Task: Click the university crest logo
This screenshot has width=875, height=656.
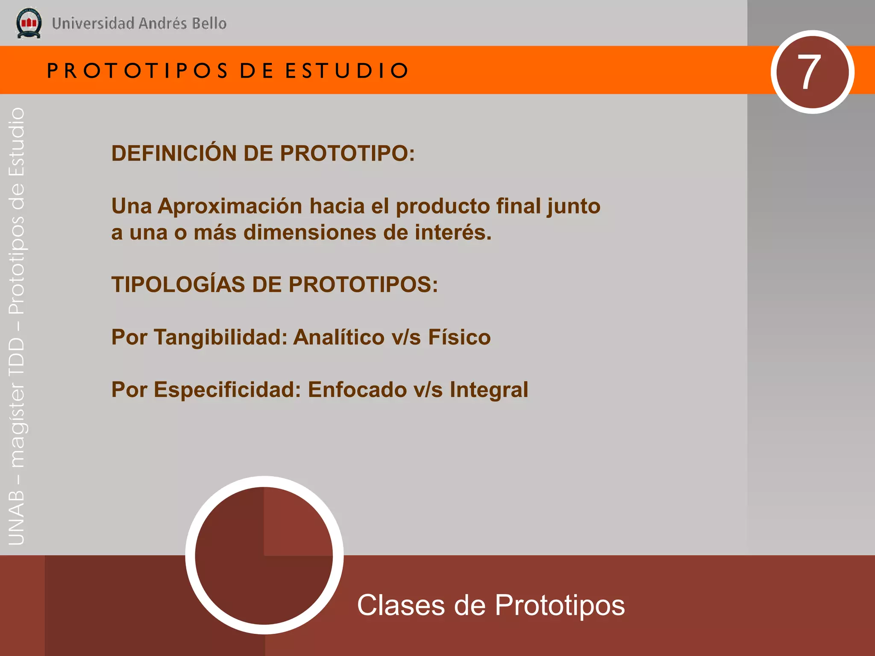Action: click(x=29, y=23)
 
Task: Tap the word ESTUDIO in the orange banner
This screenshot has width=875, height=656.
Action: click(x=346, y=71)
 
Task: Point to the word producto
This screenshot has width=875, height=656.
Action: click(x=443, y=206)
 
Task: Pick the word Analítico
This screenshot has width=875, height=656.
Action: click(x=339, y=337)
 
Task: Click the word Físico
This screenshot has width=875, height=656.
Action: click(x=459, y=337)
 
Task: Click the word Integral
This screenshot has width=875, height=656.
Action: click(x=489, y=390)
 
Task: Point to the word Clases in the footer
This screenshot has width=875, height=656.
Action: click(x=401, y=605)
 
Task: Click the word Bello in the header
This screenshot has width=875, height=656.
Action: click(x=209, y=23)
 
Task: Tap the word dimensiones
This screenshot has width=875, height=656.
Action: click(x=310, y=233)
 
